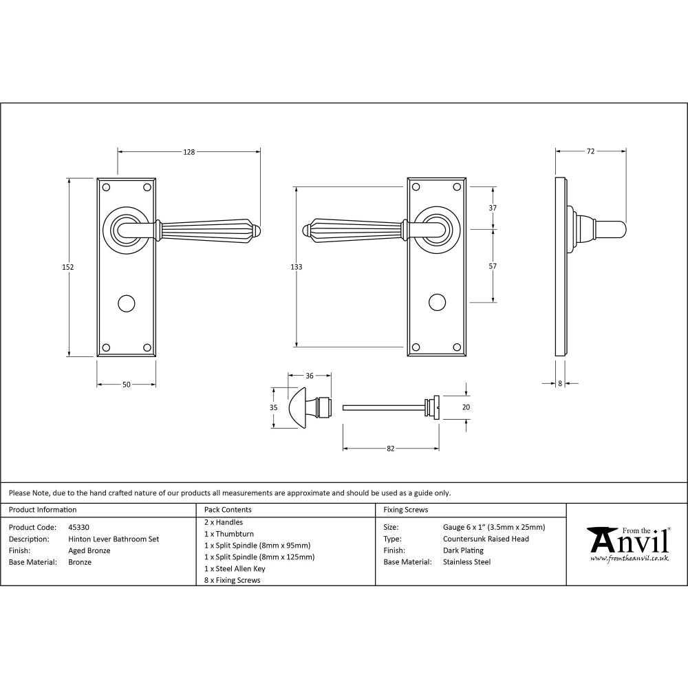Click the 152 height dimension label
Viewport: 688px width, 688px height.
[68, 267]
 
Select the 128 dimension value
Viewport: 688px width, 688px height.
[189, 152]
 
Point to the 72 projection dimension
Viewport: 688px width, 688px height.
[590, 152]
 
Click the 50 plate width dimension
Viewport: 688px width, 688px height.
[126, 385]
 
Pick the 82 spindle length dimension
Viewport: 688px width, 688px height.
[390, 449]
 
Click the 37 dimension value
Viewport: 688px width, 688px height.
[493, 208]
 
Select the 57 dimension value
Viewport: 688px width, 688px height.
[493, 266]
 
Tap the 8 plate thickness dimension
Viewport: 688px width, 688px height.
[560, 384]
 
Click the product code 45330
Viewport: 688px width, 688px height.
[79, 528]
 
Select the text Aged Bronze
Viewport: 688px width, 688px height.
[89, 550]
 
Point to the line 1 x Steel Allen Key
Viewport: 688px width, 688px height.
[235, 569]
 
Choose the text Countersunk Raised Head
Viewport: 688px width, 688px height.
[486, 539]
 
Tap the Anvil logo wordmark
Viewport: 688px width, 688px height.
[629, 541]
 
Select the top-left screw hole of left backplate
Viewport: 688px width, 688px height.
[106, 187]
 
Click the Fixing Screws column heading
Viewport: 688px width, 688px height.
[406, 510]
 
